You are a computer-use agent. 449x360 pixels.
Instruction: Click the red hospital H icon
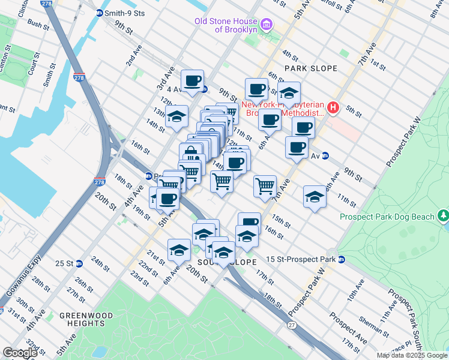pyautogui.click(x=334, y=109)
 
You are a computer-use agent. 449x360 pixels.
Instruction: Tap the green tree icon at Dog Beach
pyautogui.click(x=443, y=215)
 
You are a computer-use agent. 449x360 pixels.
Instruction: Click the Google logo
pyautogui.click(x=20, y=353)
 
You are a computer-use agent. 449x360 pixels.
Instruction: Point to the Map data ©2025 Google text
pyautogui.click(x=411, y=355)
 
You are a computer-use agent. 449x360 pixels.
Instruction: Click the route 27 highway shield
pyautogui.click(x=292, y=325)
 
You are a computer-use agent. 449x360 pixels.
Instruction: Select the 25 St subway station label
pyautogui.click(x=64, y=263)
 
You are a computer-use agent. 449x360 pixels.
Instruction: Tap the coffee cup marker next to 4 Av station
pyautogui.click(x=192, y=81)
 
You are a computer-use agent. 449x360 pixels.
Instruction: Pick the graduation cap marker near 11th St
pyautogui.click(x=315, y=197)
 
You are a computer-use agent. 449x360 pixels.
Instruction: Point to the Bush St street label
pyautogui.click(x=38, y=25)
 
